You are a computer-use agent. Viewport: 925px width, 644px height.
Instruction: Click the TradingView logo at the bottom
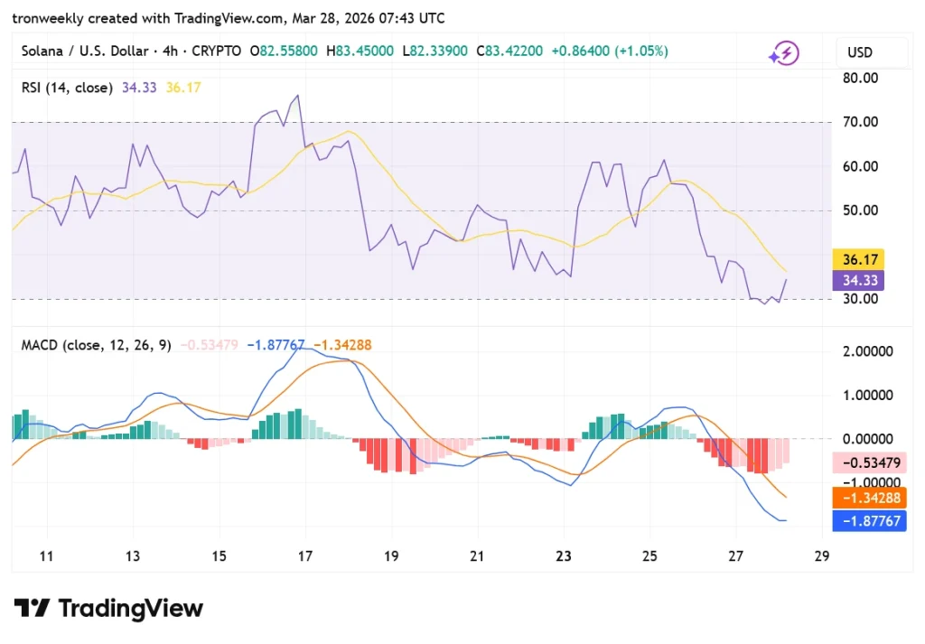(x=108, y=608)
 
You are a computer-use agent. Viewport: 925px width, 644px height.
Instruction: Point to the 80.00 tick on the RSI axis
(x=860, y=78)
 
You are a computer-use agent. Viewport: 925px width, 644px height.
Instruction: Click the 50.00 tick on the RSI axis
(x=860, y=210)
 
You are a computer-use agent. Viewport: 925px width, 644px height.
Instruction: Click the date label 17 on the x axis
(x=305, y=555)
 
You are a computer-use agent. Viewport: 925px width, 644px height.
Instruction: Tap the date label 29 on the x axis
(x=821, y=555)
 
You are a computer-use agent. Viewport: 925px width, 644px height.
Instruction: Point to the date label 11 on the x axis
(x=47, y=555)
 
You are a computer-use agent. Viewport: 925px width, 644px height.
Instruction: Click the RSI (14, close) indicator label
(x=67, y=88)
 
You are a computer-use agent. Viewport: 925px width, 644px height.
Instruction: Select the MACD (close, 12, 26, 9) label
(x=97, y=345)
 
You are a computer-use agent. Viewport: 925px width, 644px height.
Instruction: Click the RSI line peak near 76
(x=297, y=96)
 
